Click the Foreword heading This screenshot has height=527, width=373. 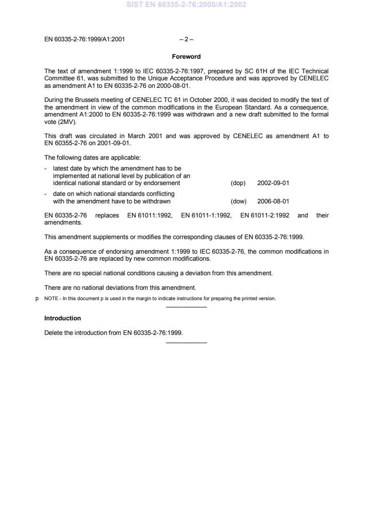click(186, 57)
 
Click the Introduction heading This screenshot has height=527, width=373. click(63, 318)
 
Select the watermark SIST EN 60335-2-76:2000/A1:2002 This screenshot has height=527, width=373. click(186, 5)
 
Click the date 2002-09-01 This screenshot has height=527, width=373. click(273, 183)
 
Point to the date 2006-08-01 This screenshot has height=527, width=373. click(273, 201)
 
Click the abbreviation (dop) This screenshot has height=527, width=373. click(238, 183)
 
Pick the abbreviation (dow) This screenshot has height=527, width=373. click(238, 201)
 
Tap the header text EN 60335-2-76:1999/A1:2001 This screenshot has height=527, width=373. click(85, 39)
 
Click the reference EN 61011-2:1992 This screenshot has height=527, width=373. click(265, 215)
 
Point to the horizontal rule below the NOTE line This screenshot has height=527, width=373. click(186, 307)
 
